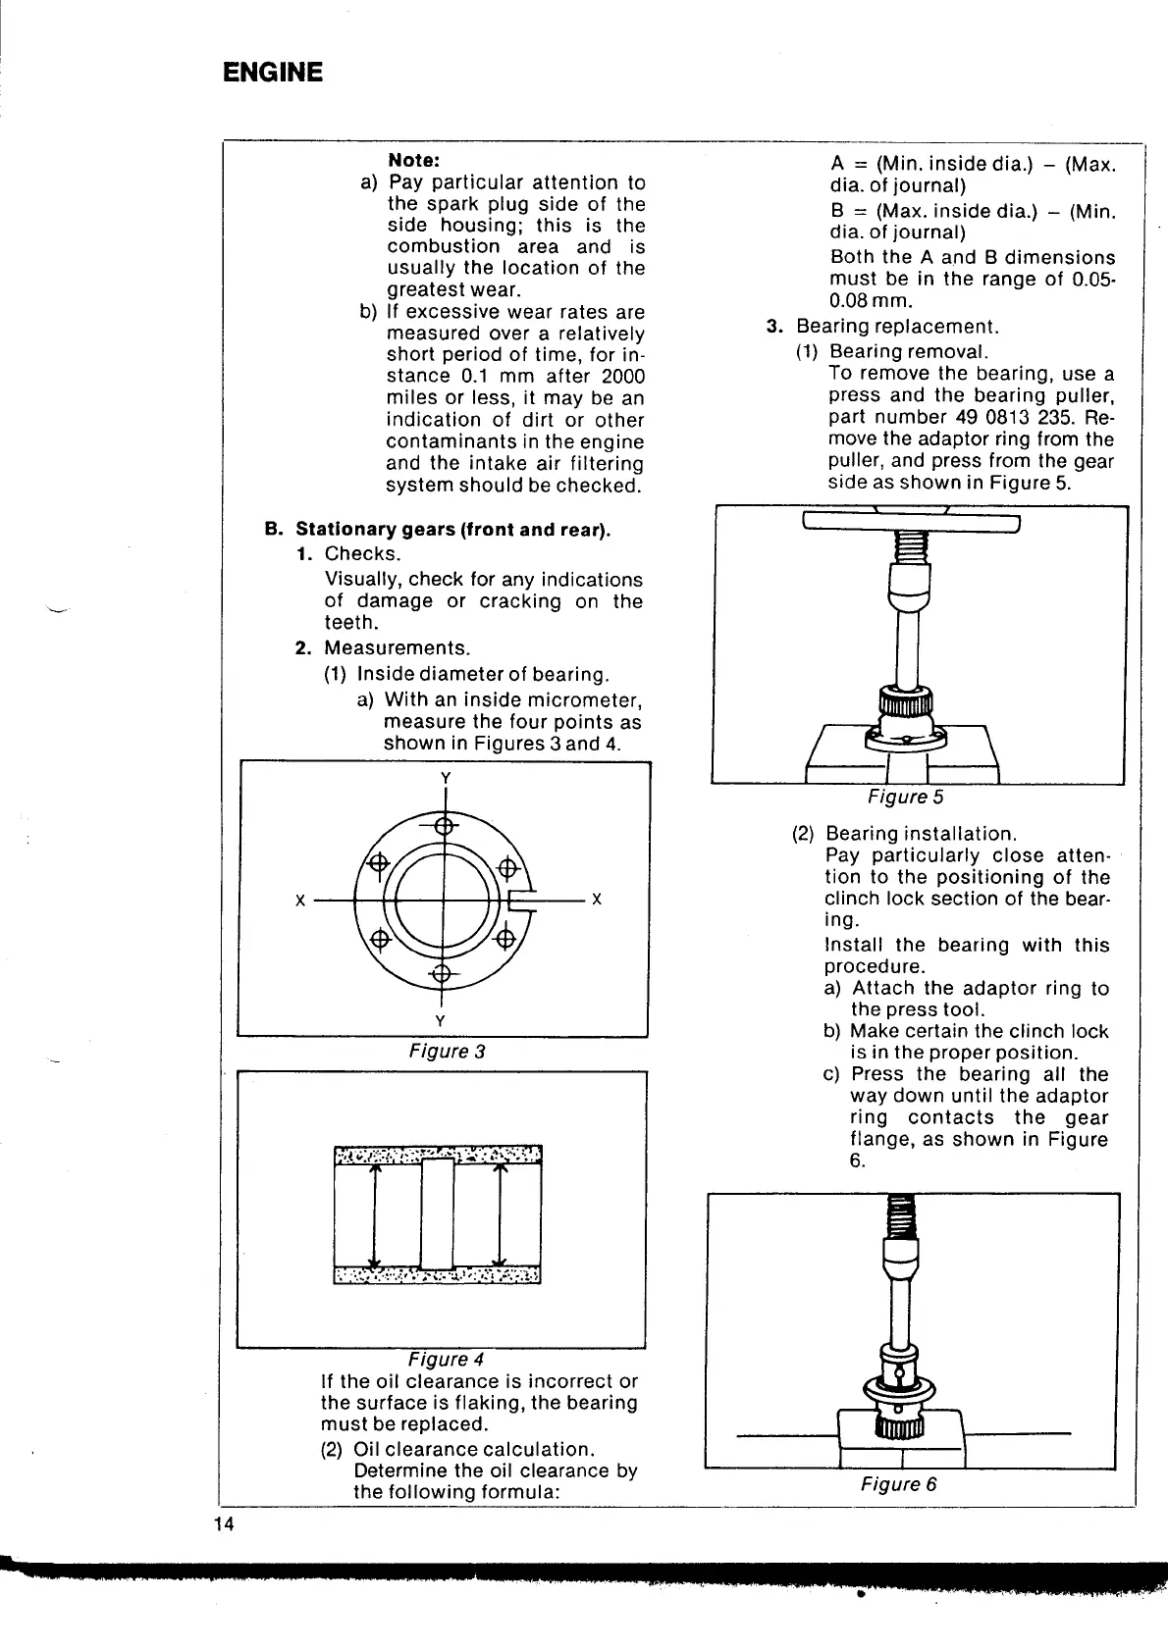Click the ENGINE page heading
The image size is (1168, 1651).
(x=272, y=73)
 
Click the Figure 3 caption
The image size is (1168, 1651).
(x=447, y=1052)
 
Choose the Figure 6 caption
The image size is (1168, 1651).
(x=898, y=1484)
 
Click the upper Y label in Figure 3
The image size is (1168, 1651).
(x=445, y=778)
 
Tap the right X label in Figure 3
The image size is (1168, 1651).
(x=597, y=900)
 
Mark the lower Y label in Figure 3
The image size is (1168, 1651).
(x=441, y=1021)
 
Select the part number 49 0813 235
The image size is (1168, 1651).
(x=1005, y=417)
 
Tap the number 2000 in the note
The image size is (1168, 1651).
(x=622, y=377)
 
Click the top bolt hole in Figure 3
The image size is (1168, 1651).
(x=444, y=825)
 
